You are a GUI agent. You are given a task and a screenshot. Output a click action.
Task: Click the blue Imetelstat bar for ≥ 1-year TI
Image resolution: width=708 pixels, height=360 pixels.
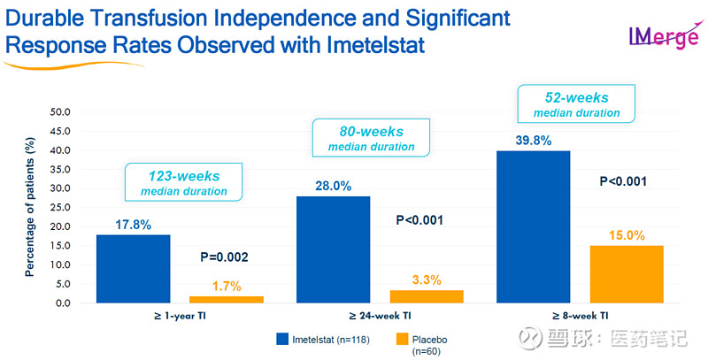(134, 268)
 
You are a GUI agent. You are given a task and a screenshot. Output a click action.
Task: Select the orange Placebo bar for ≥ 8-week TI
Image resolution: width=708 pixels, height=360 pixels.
(627, 274)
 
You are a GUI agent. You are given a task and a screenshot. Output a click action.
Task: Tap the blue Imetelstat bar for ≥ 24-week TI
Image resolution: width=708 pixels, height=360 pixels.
(334, 249)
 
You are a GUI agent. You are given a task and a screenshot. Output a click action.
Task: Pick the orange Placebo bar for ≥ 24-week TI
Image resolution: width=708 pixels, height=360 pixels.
(427, 296)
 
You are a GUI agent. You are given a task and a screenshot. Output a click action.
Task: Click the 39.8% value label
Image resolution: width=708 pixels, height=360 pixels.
(534, 141)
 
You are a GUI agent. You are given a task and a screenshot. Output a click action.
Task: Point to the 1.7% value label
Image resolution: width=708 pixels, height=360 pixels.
(227, 287)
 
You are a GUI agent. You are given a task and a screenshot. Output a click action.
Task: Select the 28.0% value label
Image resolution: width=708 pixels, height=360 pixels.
(334, 186)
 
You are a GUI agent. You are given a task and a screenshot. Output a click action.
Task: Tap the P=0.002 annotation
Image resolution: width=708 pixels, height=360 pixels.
(225, 257)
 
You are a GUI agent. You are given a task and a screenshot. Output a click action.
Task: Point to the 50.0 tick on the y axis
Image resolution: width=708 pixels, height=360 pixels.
(60, 111)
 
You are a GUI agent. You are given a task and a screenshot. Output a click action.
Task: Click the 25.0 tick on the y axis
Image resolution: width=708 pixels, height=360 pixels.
(60, 208)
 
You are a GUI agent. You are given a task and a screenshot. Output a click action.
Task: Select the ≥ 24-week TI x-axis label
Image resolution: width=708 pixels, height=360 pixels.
(380, 316)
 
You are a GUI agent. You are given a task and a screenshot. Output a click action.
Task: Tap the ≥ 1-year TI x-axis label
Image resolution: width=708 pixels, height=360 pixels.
(180, 316)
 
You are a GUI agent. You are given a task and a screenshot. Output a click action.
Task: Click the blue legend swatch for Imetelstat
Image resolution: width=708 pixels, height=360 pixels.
(282, 340)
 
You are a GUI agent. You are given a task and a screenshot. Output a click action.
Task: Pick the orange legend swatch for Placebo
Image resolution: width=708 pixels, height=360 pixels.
(402, 340)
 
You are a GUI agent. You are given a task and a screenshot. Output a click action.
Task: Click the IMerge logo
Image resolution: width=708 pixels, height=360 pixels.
(664, 35)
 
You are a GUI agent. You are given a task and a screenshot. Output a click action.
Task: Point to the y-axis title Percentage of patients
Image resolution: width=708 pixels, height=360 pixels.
(30, 207)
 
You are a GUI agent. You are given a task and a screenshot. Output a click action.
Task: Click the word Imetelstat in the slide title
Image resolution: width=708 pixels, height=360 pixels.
(375, 45)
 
